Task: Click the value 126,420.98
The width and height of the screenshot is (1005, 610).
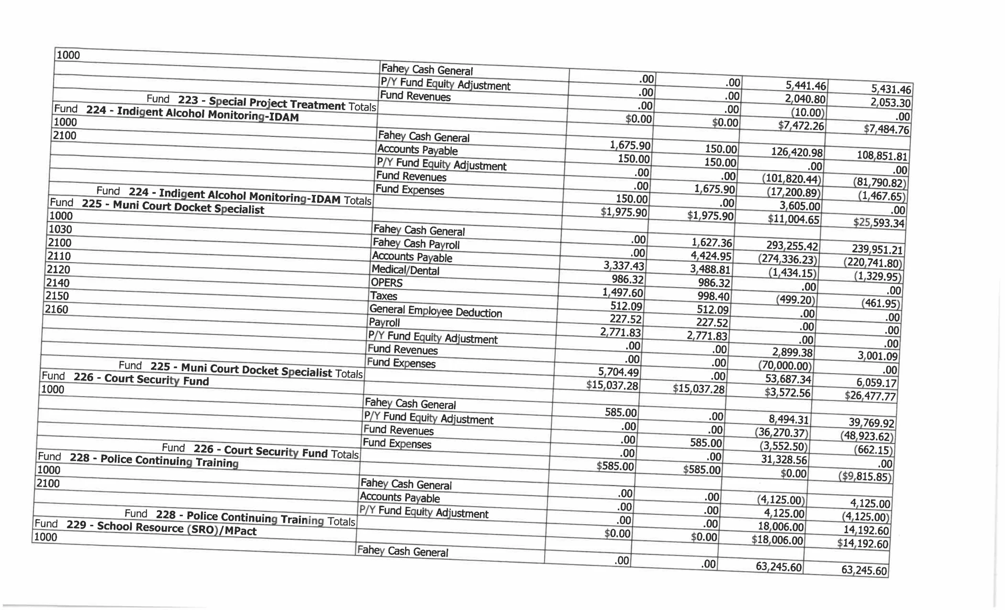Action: pyautogui.click(x=797, y=152)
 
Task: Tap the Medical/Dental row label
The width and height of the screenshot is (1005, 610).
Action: pyautogui.click(x=405, y=270)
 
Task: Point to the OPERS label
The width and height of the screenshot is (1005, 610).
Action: pyautogui.click(x=386, y=283)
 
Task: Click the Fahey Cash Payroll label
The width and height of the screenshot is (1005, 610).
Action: pyautogui.click(x=416, y=244)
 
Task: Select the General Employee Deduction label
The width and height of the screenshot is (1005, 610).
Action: pyautogui.click(x=435, y=312)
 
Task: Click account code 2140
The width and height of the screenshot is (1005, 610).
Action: pyautogui.click(x=57, y=283)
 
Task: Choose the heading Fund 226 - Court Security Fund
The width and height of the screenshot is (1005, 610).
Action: pyautogui.click(x=125, y=378)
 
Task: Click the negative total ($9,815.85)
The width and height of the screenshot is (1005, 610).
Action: pyautogui.click(x=865, y=477)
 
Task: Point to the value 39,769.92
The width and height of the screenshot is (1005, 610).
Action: pyautogui.click(x=871, y=422)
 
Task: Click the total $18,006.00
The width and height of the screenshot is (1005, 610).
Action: pyautogui.click(x=777, y=540)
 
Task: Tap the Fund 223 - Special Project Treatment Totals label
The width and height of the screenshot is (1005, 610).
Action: pyautogui.click(x=261, y=103)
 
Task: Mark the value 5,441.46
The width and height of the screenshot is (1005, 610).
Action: pyautogui.click(x=806, y=86)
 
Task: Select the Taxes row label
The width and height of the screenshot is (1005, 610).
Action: pyautogui.click(x=384, y=296)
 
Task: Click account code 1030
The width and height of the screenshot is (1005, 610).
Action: pyautogui.click(x=60, y=229)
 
